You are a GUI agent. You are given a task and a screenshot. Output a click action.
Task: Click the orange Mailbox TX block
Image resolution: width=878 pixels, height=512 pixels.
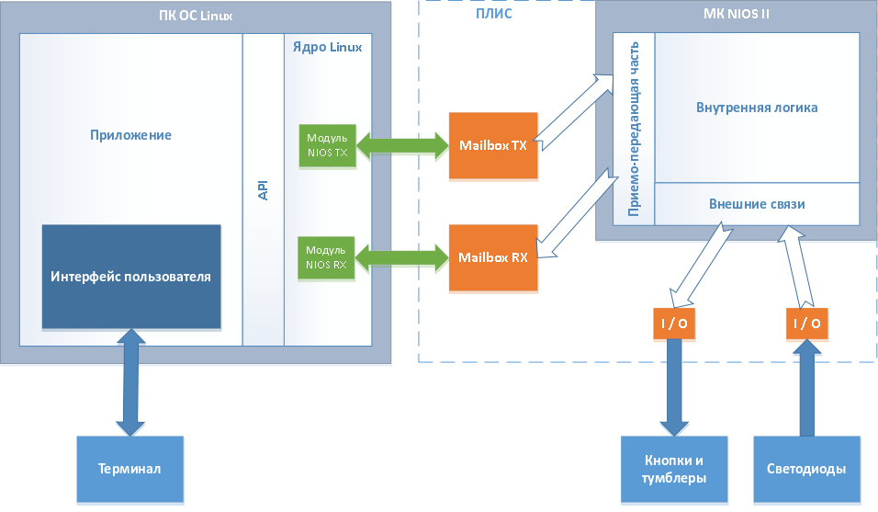(492, 145)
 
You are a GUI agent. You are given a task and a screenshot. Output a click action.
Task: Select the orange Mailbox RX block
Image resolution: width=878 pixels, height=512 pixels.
(492, 257)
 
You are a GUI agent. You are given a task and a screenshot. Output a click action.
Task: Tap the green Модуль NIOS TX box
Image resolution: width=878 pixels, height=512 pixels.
(327, 145)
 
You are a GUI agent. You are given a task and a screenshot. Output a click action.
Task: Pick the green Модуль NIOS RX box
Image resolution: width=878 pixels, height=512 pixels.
(327, 257)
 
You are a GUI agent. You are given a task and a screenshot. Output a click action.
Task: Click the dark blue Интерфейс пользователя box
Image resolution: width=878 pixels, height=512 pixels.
(131, 277)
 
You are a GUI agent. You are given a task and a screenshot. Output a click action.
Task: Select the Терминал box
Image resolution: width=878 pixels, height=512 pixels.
(129, 469)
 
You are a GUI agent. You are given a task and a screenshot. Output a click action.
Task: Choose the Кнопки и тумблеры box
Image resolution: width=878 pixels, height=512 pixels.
(674, 469)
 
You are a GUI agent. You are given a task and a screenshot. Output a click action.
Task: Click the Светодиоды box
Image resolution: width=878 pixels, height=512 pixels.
(806, 469)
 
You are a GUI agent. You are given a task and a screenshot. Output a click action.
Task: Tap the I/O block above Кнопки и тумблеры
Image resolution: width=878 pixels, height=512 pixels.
(673, 323)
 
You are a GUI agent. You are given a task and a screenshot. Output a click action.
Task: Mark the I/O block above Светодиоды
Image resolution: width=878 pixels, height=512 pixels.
(806, 323)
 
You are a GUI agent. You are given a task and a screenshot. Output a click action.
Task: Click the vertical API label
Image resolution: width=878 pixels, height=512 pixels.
(264, 190)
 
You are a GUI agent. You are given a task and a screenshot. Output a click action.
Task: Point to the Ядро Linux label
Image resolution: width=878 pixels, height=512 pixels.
(327, 46)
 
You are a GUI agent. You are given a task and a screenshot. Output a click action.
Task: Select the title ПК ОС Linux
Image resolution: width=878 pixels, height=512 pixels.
(196, 13)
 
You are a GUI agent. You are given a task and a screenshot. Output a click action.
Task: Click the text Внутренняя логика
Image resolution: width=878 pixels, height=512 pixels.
(757, 108)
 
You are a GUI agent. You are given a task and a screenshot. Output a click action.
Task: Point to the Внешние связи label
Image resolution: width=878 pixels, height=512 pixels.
(757, 203)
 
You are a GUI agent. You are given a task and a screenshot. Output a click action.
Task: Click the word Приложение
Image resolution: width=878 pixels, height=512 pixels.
(130, 135)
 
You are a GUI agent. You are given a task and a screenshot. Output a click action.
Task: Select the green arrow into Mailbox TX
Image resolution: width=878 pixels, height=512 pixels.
(401, 145)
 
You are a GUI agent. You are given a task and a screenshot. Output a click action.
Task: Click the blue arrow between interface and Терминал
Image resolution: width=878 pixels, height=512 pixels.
(129, 384)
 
